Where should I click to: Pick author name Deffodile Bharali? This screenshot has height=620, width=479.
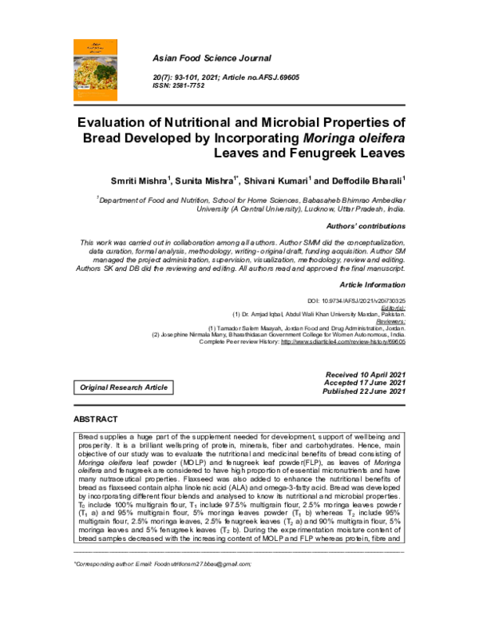(365, 180)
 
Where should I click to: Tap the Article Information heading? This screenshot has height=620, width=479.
(373, 284)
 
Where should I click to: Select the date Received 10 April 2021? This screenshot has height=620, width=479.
(366, 375)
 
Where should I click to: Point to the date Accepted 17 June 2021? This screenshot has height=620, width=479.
(366, 384)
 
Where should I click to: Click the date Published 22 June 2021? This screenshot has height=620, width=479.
(365, 392)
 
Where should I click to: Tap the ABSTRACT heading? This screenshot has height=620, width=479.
(96, 419)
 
